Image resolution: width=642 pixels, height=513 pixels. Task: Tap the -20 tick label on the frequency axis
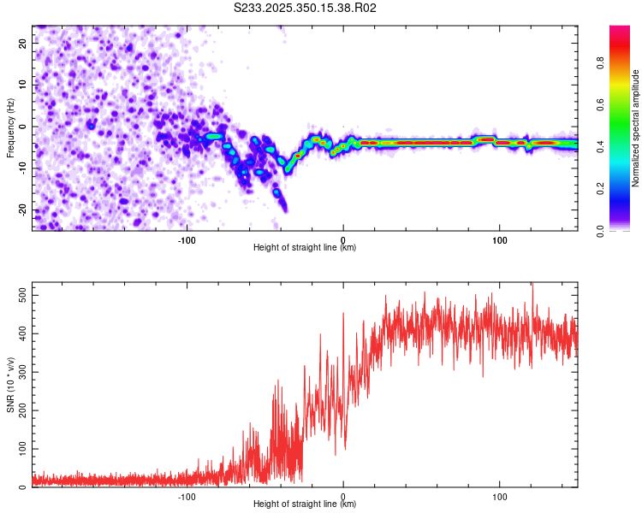21,210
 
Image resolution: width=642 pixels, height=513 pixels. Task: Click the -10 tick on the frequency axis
21,168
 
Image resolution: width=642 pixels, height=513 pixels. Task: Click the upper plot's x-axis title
305,248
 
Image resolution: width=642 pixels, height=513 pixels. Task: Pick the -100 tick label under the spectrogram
187,239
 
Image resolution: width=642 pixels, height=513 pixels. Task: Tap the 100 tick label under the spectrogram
500,239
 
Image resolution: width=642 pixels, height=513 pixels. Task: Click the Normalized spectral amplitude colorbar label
635,128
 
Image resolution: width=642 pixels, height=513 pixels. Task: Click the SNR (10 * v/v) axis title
11,385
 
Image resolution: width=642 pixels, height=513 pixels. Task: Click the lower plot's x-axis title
305,504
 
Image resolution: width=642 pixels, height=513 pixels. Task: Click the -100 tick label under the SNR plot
187,495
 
